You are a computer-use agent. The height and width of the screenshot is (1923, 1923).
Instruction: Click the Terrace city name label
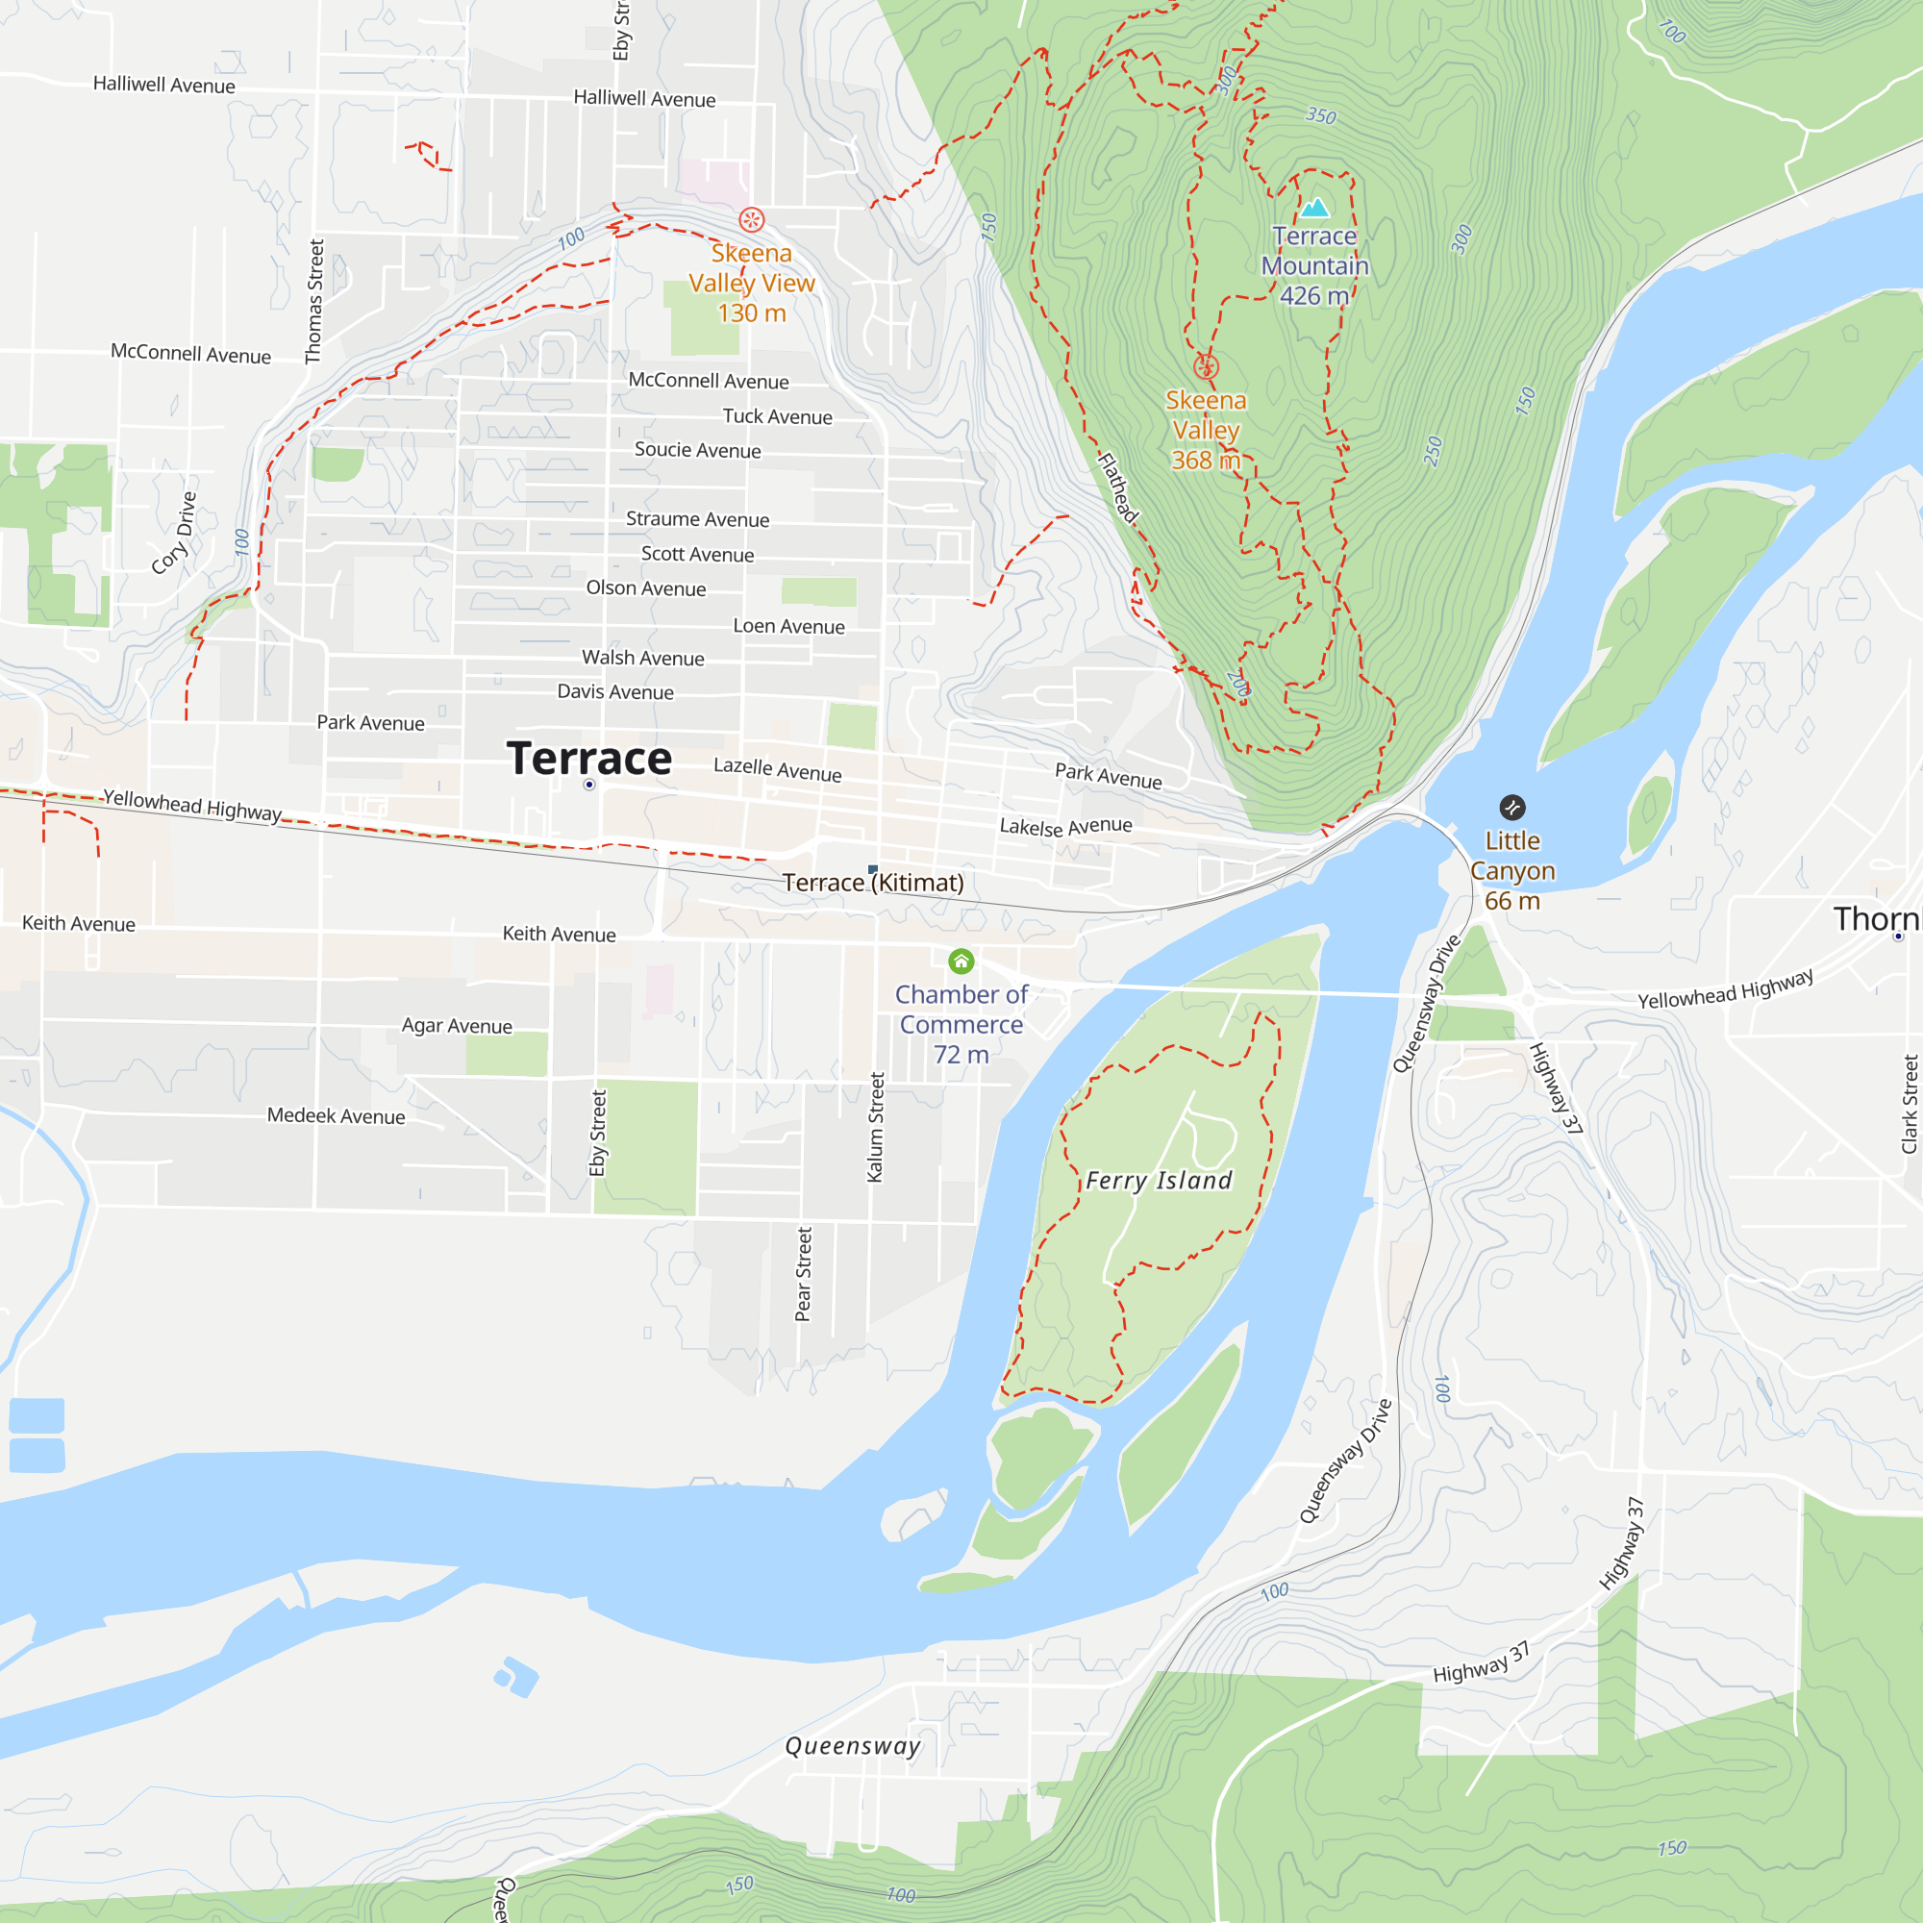pos(589,759)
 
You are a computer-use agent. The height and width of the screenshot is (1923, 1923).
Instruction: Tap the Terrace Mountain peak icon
pos(1314,207)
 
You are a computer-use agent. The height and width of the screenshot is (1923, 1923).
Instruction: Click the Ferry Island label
pos(1159,1181)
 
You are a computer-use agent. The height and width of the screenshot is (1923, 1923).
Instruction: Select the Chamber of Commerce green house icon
pos(961,961)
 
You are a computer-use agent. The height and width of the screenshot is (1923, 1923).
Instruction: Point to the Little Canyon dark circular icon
pos(1511,808)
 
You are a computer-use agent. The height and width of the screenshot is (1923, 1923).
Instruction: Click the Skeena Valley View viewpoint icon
pos(752,219)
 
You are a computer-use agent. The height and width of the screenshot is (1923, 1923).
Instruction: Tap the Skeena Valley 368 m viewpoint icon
pos(1206,367)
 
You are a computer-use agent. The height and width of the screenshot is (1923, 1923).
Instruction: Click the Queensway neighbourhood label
pos(853,1746)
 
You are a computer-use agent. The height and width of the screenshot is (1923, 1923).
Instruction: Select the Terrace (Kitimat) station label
pos(873,883)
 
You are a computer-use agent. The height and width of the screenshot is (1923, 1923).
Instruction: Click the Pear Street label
pos(803,1274)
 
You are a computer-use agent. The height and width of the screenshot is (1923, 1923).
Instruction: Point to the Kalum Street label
pos(876,1127)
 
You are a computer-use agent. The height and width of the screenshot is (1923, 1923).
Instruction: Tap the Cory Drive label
pos(175,533)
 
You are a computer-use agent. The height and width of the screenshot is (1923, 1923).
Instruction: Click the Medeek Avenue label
pos(337,1115)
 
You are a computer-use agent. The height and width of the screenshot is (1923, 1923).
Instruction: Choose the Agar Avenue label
pos(457,1025)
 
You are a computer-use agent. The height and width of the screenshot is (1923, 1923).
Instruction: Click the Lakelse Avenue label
pos(1066,826)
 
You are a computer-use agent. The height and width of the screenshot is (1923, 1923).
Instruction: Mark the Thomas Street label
pos(314,302)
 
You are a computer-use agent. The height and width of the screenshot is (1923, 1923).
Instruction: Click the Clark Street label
pos(1910,1105)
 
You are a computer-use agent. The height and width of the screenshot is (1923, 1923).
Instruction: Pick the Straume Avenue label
pos(698,518)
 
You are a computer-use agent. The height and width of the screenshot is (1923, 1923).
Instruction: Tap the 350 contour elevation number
pos(1321,115)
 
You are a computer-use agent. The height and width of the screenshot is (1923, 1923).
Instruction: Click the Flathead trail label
pos(1118,487)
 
